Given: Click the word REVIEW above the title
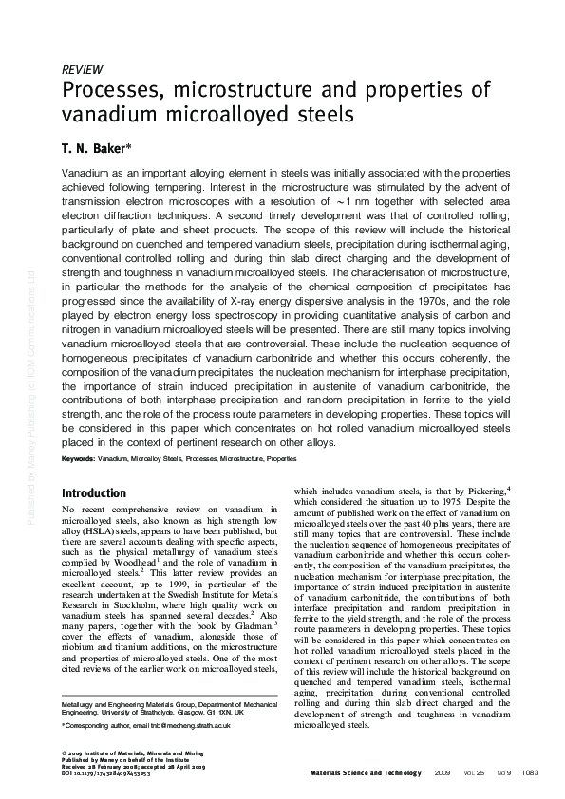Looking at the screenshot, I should [x=82, y=70].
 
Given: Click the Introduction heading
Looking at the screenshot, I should [x=93, y=493].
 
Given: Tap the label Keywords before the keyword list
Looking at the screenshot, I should [x=78, y=458].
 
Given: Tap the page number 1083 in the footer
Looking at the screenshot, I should [x=530, y=773].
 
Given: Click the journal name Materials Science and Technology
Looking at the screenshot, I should [x=366, y=773].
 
